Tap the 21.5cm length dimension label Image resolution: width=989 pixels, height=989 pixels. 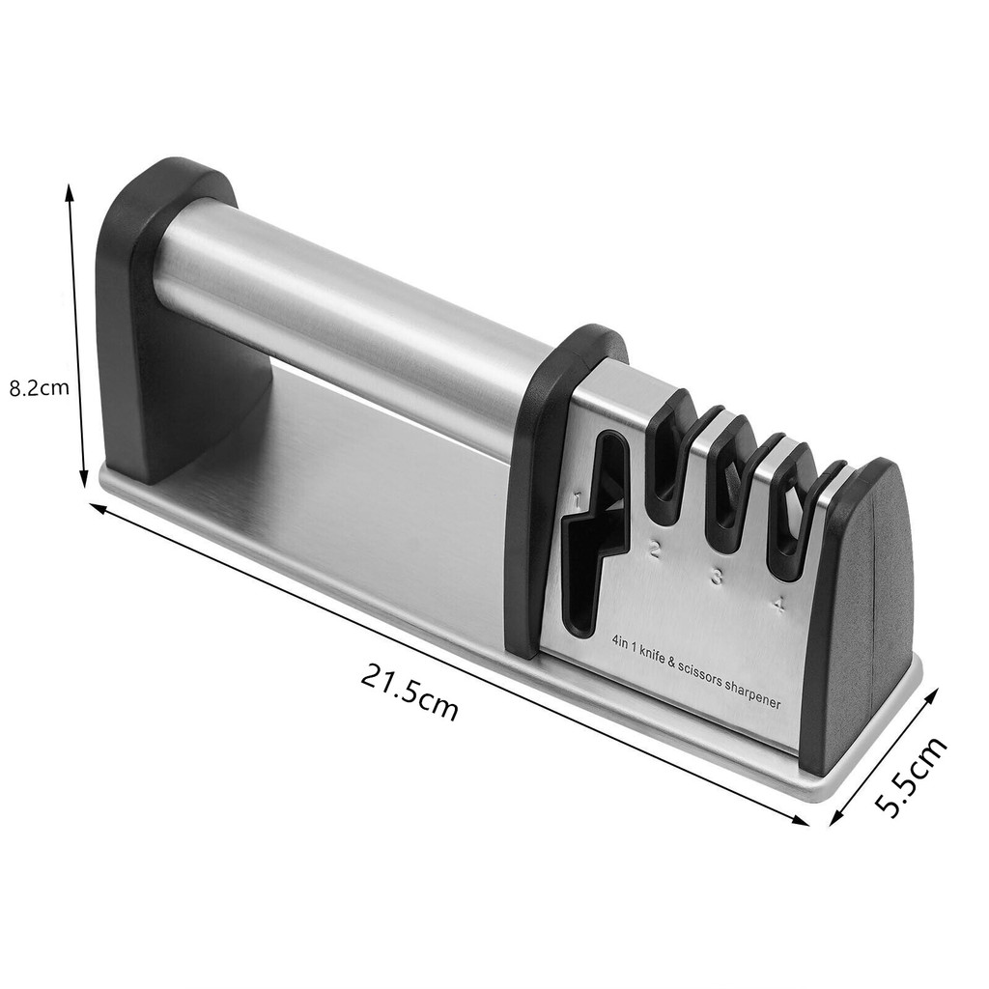click(x=410, y=695)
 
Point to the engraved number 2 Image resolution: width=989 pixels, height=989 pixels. click(x=654, y=551)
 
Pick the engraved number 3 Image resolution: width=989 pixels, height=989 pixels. click(x=717, y=576)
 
